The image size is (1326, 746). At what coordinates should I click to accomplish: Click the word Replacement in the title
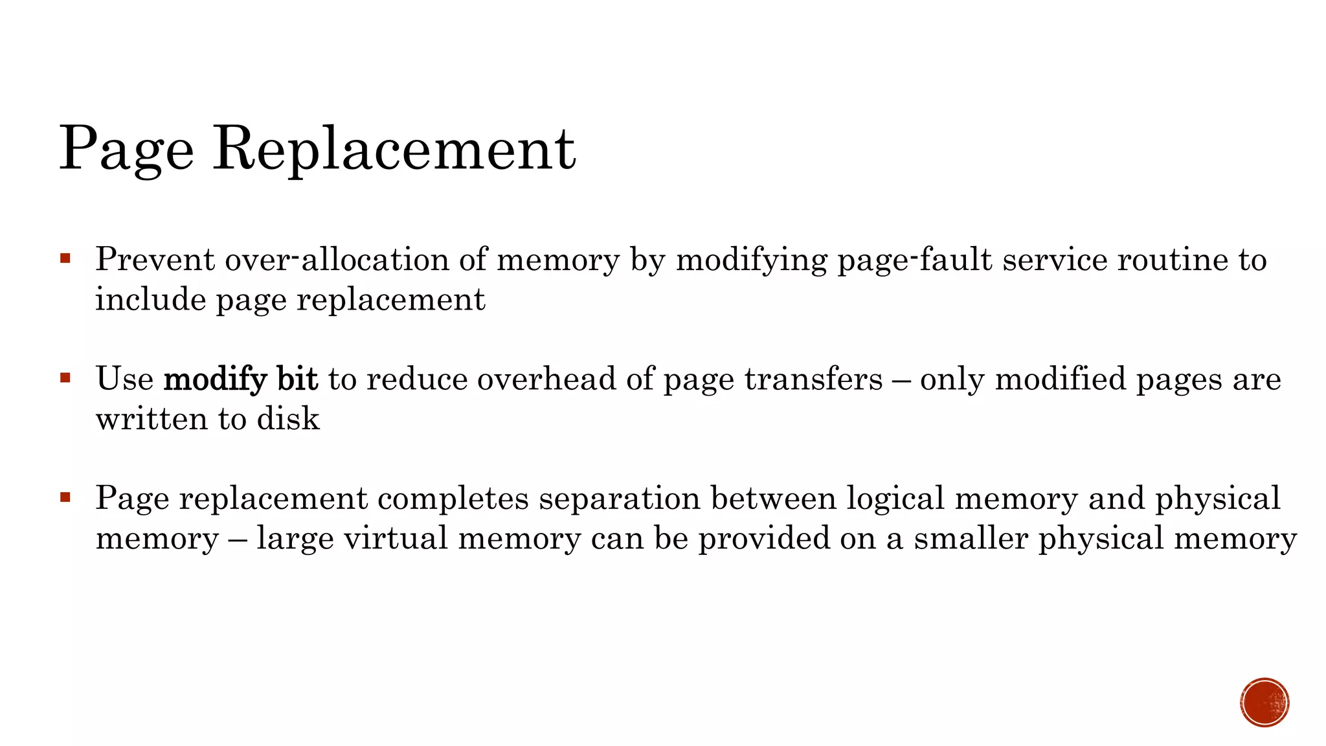pyautogui.click(x=394, y=149)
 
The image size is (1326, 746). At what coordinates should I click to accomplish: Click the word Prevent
pyautogui.click(x=155, y=260)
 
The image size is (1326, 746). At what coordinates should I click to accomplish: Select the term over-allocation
pyautogui.click(x=337, y=260)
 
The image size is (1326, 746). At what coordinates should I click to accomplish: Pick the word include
pyautogui.click(x=150, y=300)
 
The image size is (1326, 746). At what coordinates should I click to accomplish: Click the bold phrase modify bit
pyautogui.click(x=241, y=379)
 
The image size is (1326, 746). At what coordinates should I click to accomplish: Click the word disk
pyautogui.click(x=288, y=419)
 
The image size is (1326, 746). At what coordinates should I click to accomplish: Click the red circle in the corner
pyautogui.click(x=1264, y=703)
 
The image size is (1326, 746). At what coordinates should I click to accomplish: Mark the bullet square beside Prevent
pyautogui.click(x=65, y=259)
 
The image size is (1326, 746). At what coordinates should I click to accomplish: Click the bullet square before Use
pyautogui.click(x=65, y=378)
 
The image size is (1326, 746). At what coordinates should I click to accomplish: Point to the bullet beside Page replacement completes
pyautogui.click(x=65, y=497)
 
